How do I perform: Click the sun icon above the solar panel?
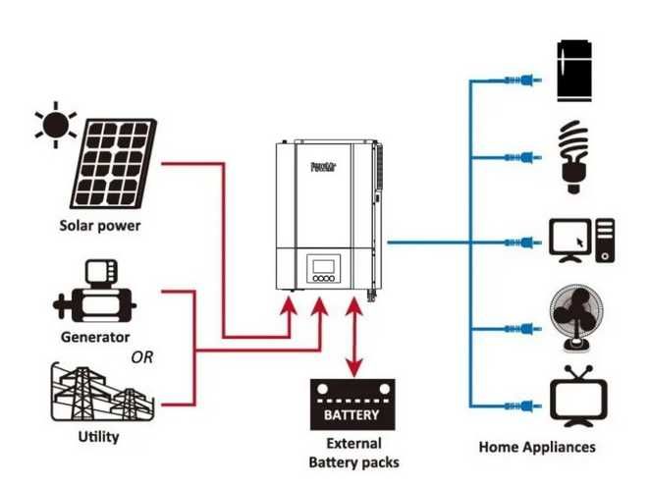[55, 126]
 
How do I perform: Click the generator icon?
[95, 292]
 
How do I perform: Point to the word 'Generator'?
[95, 337]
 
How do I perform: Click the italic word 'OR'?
[142, 357]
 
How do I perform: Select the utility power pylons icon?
[98, 393]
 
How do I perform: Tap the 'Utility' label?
[98, 436]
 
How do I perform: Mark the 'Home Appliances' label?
[536, 447]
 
